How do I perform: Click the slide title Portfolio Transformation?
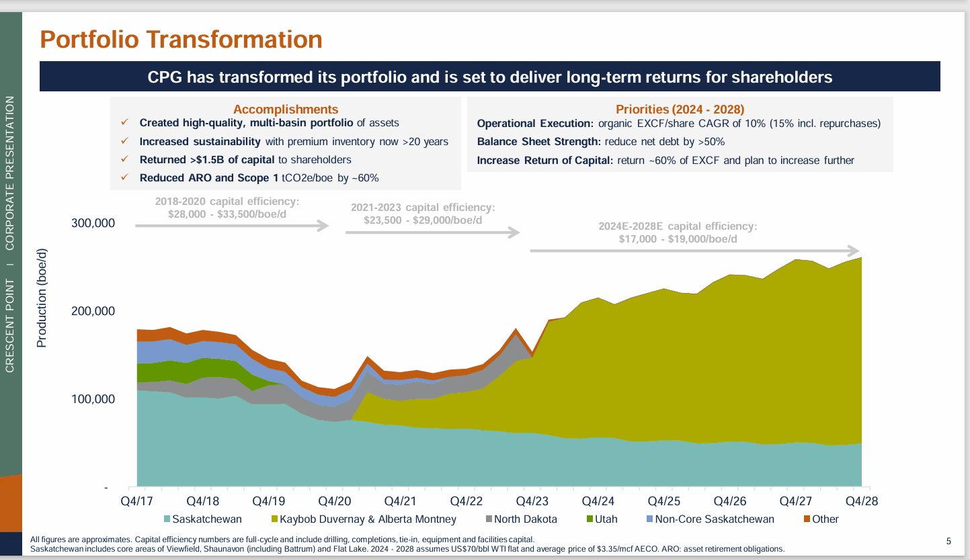(x=181, y=39)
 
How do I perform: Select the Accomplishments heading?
(x=286, y=110)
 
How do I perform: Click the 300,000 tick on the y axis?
(x=93, y=223)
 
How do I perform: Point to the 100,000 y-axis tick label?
(x=93, y=399)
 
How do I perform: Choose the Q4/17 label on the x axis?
(x=136, y=501)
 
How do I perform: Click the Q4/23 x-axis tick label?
(x=532, y=501)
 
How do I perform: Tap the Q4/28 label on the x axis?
(x=862, y=501)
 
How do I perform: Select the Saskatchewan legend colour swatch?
(x=167, y=519)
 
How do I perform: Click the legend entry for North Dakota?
(x=525, y=519)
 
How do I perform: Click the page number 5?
(x=948, y=541)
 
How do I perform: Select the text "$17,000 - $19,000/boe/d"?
(x=678, y=239)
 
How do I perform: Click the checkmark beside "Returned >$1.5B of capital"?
(x=124, y=160)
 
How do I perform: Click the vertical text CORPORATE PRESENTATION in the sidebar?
(x=10, y=173)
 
